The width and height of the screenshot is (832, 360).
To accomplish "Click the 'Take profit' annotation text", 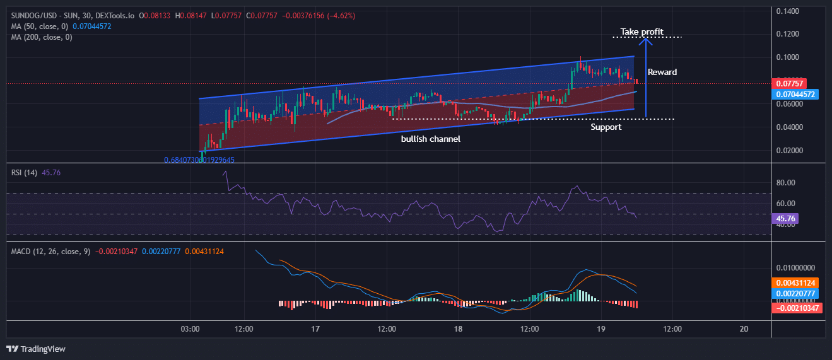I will tap(642, 32).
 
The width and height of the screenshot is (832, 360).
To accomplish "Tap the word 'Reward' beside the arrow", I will tap(662, 72).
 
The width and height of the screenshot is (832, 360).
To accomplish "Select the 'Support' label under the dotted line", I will tap(606, 127).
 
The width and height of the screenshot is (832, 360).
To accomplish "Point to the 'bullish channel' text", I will tap(430, 139).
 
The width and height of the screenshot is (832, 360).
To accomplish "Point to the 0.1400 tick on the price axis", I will tap(787, 11).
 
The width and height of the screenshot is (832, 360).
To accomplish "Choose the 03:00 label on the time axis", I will tap(190, 328).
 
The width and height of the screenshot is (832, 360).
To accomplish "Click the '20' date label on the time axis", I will tap(744, 328).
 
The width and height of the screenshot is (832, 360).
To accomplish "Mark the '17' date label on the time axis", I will tap(315, 328).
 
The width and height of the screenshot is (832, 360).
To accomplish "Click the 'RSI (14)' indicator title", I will tap(25, 172).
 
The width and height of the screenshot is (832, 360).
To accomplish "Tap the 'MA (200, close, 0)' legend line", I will tap(42, 37).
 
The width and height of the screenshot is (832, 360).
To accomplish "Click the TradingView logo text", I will tap(42, 349).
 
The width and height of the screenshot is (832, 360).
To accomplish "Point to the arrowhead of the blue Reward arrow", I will tap(645, 40).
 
